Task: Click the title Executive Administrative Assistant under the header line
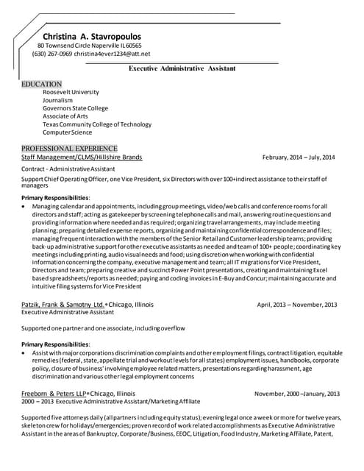point(182,68)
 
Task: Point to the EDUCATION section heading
point(42,84)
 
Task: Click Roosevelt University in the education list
point(76,92)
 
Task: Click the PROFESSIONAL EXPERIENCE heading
point(69,148)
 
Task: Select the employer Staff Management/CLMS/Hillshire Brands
point(82,157)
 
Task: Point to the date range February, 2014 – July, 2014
point(298,157)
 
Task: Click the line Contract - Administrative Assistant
point(68,169)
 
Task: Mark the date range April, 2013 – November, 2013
point(297,305)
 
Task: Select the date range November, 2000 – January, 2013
point(297,394)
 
